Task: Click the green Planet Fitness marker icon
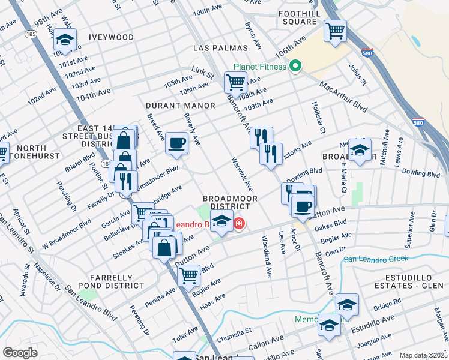(295, 66)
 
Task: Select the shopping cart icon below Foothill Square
(336, 30)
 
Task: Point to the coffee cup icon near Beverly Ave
(176, 143)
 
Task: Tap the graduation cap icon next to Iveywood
(64, 41)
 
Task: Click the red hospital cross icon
(239, 224)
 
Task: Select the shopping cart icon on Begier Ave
(190, 275)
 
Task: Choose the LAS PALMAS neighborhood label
(220, 47)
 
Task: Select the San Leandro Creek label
(375, 259)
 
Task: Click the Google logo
(20, 352)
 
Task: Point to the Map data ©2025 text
(423, 355)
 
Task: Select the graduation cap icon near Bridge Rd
(347, 304)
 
